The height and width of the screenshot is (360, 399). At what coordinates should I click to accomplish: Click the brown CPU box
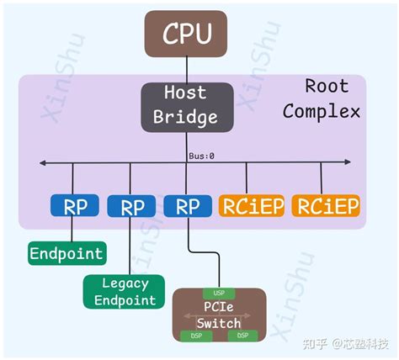tap(186, 34)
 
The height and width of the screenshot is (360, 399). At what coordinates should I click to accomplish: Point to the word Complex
tap(322, 112)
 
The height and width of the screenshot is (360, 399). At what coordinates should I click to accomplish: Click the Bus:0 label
tap(202, 156)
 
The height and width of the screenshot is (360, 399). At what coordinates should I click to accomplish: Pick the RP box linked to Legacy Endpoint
tap(132, 207)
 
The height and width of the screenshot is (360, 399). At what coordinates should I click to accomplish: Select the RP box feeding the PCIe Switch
tap(188, 206)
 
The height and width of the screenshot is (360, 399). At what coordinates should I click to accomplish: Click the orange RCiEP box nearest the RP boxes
tap(252, 206)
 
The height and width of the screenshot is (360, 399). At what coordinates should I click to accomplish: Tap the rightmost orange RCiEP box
tap(324, 206)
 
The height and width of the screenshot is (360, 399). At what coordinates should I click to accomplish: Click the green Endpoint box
tap(66, 252)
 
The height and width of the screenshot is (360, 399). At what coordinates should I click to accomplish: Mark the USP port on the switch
tap(219, 294)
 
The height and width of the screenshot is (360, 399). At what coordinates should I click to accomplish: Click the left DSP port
tap(194, 335)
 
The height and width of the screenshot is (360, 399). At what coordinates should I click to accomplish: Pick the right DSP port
tap(243, 335)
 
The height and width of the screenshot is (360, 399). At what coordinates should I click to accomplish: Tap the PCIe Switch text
tap(219, 315)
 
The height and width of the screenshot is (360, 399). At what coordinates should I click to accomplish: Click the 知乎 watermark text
tap(313, 345)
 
